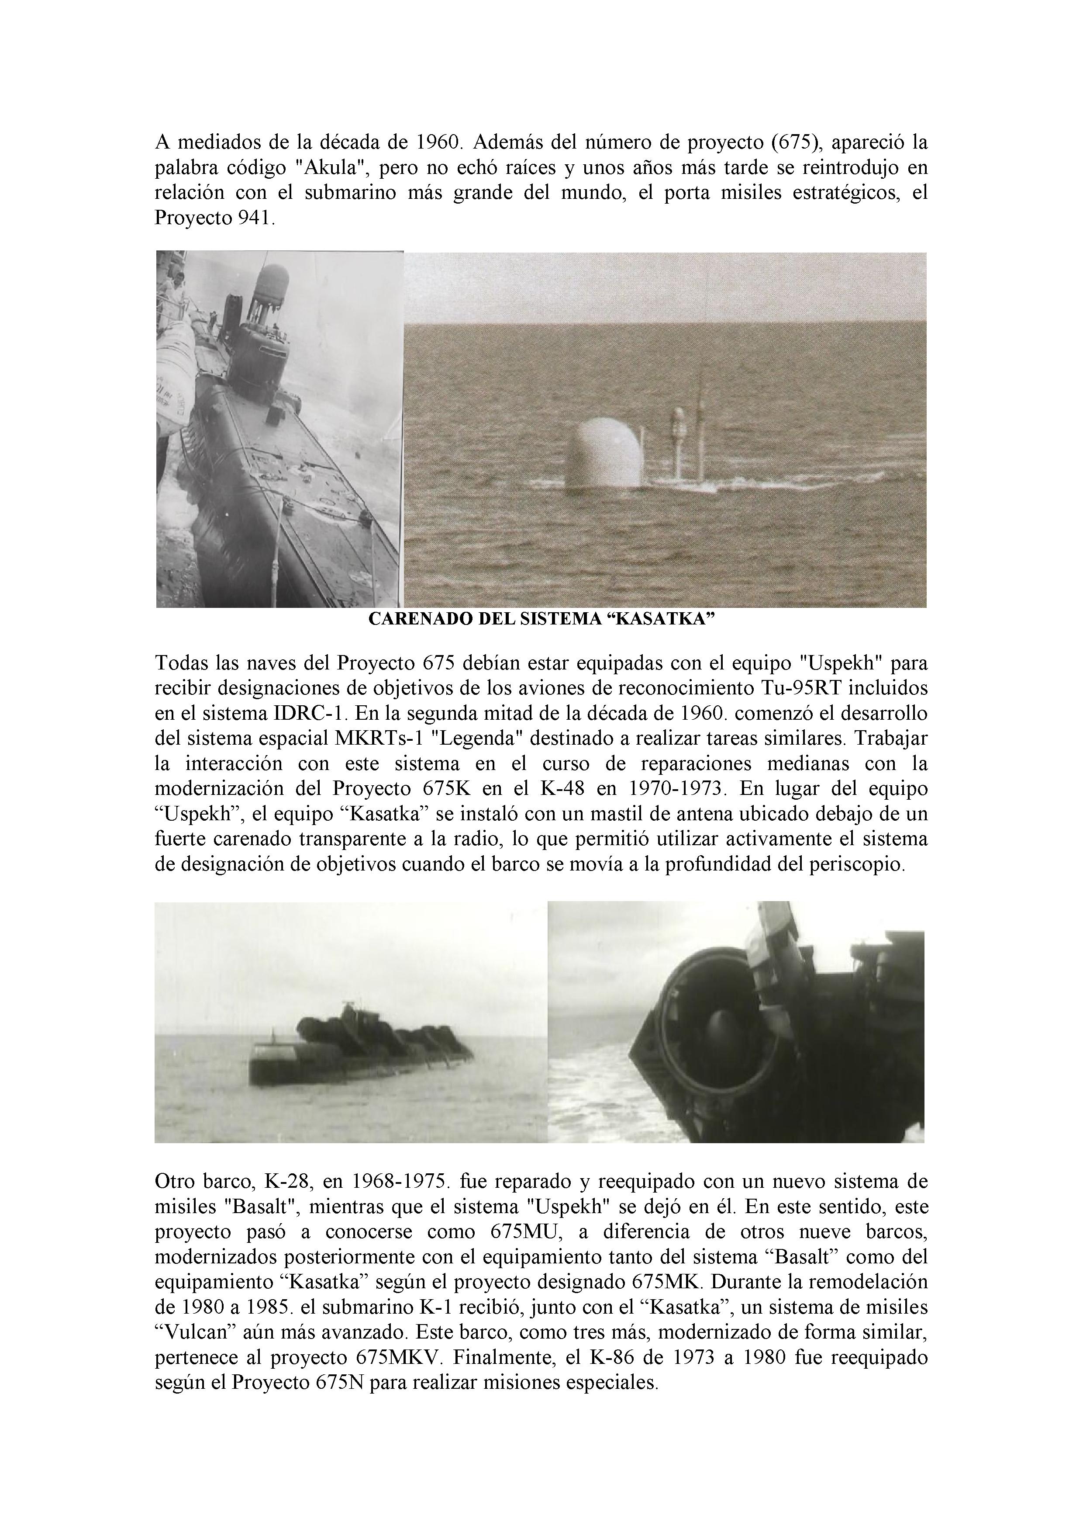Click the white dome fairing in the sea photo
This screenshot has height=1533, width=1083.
coord(604,454)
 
